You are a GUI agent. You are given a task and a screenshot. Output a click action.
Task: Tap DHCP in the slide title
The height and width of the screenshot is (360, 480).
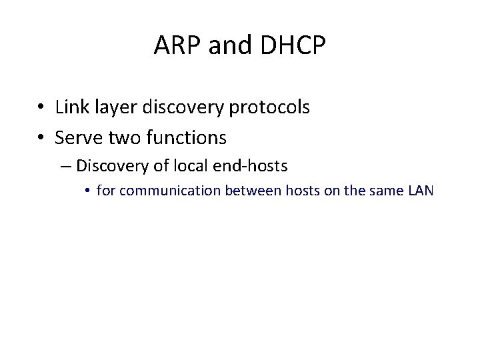[293, 45]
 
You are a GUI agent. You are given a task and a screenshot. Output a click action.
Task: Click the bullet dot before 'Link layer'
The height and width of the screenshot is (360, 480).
[41, 107]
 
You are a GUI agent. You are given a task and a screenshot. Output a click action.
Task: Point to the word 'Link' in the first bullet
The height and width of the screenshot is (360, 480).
[70, 107]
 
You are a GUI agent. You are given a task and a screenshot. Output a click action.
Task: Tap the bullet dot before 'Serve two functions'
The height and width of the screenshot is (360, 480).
[41, 138]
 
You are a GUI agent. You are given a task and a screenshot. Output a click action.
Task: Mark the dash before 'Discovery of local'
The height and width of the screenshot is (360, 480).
[65, 165]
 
